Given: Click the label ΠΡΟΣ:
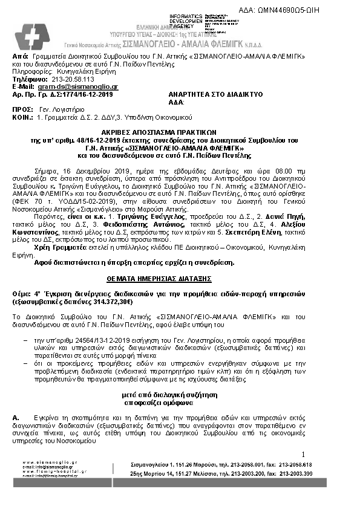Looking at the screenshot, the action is coord(22,111).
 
